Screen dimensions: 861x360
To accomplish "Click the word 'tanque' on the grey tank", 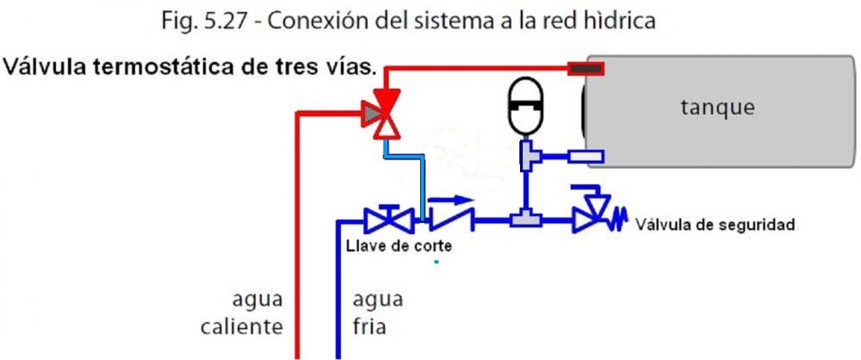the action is tap(717, 108).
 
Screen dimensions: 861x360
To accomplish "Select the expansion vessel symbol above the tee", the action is tap(524, 107).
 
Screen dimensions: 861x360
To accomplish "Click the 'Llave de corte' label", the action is tap(399, 245).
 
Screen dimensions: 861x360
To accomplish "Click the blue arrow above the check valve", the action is tap(451, 200).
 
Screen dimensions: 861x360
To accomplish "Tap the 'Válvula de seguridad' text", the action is tap(715, 224).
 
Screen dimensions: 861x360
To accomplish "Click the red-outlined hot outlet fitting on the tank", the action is tap(585, 69).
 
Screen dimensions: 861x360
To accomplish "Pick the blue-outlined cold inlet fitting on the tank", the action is tap(586, 157).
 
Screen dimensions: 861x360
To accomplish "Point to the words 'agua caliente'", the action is tap(242, 313).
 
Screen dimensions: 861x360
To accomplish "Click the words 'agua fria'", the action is tap(377, 313).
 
